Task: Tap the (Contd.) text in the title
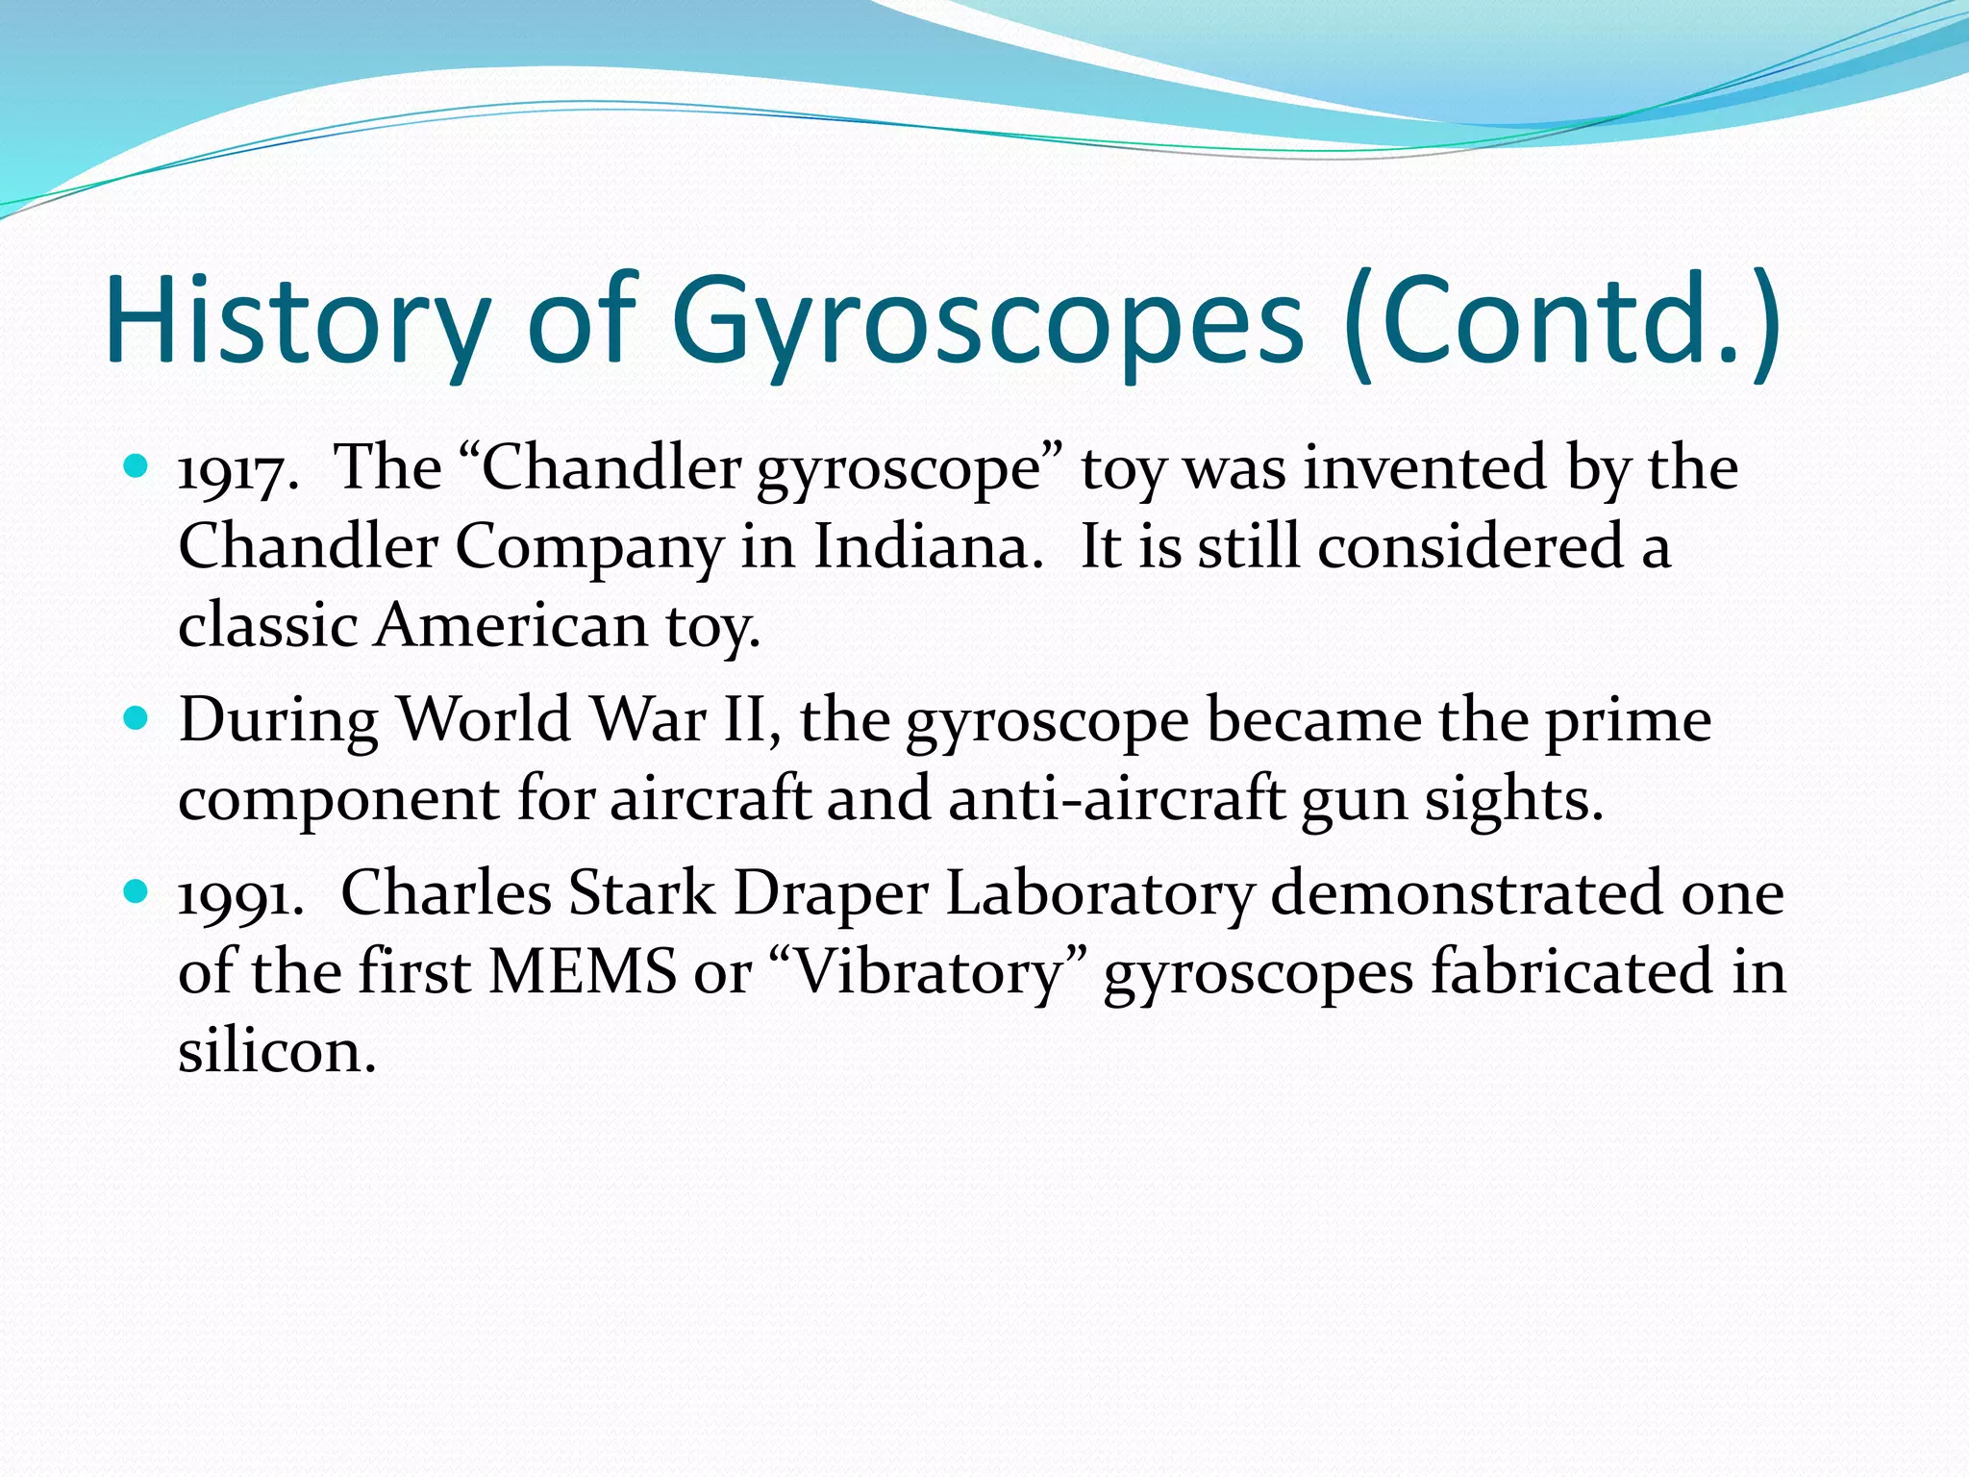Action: coord(1562,322)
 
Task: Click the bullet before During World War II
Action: coord(137,717)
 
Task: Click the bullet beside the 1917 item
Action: coord(137,467)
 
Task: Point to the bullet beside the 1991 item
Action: coord(137,892)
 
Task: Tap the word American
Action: coord(511,626)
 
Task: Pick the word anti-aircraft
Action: coord(1116,799)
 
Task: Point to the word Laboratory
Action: coord(1100,895)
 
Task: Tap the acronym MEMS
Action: coord(583,972)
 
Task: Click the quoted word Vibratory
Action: coord(929,972)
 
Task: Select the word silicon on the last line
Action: coord(276,1051)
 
